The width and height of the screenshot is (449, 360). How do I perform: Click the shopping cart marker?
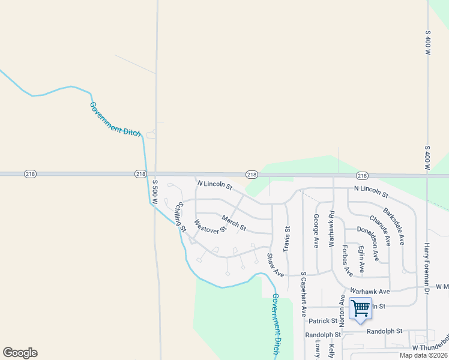(x=360, y=309)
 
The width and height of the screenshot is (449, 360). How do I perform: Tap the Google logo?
(x=20, y=353)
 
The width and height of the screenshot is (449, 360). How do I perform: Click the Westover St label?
(x=210, y=226)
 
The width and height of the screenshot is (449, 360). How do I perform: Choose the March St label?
(x=234, y=223)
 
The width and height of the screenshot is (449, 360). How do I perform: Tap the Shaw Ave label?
(x=275, y=265)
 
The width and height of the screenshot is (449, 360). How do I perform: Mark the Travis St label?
(x=287, y=238)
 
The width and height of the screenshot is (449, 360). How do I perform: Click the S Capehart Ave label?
(x=304, y=294)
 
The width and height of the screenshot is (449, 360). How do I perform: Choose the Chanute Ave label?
(x=381, y=230)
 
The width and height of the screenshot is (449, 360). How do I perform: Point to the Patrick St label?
(x=324, y=321)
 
